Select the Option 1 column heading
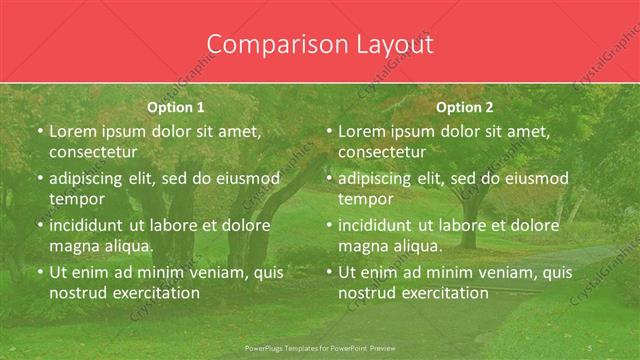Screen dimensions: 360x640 pyautogui.click(x=176, y=107)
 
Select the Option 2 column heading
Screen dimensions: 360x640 pyautogui.click(x=465, y=107)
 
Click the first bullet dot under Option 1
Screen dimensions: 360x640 pyautogui.click(x=40, y=131)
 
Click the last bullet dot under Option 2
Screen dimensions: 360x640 pyautogui.click(x=329, y=272)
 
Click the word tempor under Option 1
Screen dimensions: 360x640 pyautogui.click(x=77, y=199)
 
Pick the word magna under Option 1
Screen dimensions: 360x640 pyautogui.click(x=73, y=246)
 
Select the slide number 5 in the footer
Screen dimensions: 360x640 pyautogui.click(x=590, y=346)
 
